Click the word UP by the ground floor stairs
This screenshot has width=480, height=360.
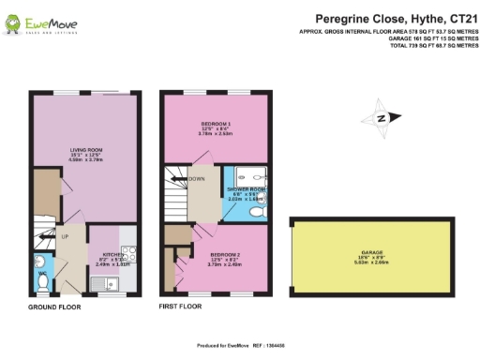tap(65, 235)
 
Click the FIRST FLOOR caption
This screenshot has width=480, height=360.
tap(180, 307)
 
